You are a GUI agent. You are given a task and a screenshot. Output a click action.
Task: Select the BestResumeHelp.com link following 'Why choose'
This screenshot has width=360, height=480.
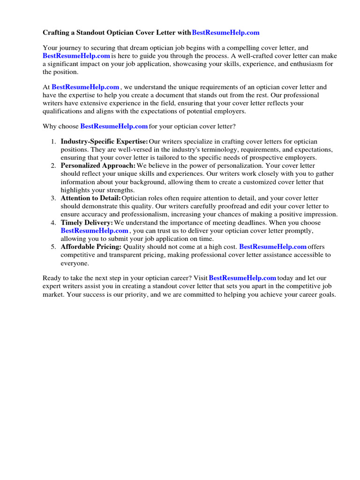[114, 127]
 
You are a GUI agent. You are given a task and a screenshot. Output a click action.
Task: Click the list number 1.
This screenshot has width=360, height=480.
[53, 142]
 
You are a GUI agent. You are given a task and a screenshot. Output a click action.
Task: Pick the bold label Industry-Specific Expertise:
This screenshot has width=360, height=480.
[104, 142]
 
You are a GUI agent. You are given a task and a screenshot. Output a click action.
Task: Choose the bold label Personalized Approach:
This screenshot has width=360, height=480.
[98, 166]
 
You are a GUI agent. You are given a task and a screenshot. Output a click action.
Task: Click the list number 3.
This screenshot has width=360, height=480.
[53, 198]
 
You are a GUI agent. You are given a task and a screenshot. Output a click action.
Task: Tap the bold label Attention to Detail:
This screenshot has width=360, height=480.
[90, 198]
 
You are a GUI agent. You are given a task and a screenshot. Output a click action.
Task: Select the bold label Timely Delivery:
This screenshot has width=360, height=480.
[87, 223]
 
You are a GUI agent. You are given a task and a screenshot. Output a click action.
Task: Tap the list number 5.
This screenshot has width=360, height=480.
[53, 247]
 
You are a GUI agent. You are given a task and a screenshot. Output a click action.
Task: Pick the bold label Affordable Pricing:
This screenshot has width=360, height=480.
[91, 247]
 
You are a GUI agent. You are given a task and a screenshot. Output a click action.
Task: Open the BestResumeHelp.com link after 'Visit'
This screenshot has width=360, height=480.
[242, 278]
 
